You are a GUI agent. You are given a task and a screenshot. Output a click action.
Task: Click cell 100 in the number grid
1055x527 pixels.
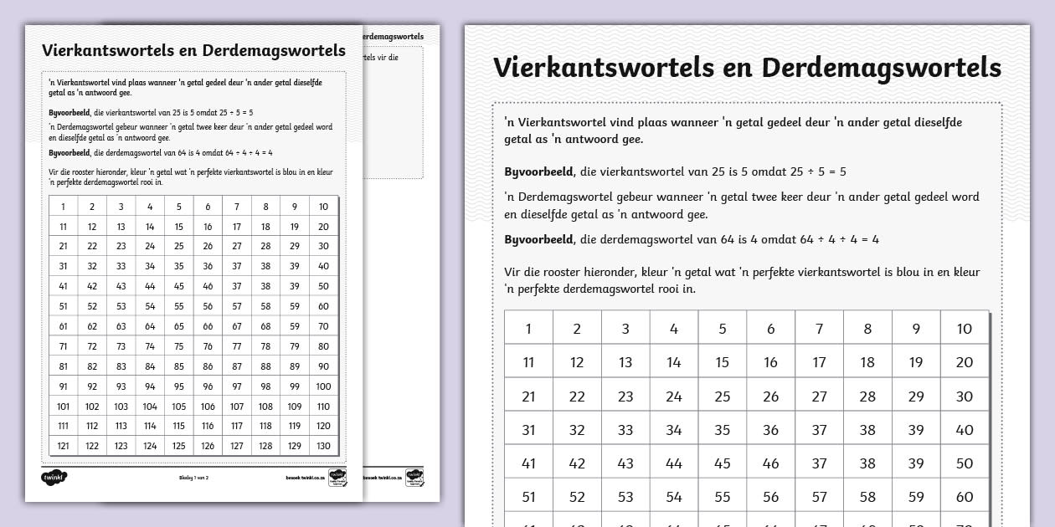323,386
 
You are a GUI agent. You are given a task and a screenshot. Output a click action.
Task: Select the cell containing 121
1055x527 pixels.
63,446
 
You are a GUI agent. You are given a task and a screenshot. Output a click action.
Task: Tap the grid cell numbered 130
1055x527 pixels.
323,446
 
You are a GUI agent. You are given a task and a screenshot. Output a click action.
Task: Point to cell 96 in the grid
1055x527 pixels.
208,386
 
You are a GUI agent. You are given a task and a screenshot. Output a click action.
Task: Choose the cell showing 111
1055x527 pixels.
63,426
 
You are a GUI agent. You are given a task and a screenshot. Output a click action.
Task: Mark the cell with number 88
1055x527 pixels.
265,366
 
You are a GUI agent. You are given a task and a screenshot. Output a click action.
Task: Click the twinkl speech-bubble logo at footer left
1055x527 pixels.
54,477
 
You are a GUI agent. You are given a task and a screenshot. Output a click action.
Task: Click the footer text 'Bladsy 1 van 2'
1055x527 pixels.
193,478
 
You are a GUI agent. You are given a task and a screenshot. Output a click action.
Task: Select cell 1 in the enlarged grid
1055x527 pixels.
528,329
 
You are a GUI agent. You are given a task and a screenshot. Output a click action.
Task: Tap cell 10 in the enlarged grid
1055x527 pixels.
965,329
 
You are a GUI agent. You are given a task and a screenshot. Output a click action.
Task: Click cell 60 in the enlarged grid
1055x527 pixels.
965,497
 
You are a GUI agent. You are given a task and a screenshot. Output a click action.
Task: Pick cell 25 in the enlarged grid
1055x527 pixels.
723,397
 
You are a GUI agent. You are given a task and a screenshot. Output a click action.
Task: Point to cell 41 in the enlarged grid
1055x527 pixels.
528,463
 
